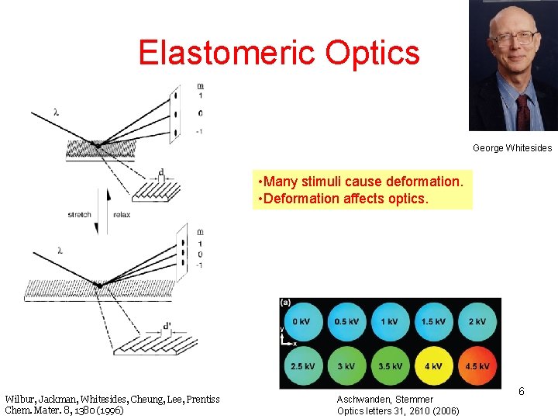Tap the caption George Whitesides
[511, 147]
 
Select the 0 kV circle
[302, 321]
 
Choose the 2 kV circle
[478, 321]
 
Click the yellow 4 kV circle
[434, 365]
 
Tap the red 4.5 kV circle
[478, 365]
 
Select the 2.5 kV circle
[302, 365]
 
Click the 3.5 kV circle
[390, 365]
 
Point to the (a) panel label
[286, 303]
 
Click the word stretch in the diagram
[79, 215]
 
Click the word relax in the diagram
[122, 215]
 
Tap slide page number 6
[522, 392]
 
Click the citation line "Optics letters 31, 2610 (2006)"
[398, 410]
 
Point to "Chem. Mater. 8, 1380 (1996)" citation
[64, 410]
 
